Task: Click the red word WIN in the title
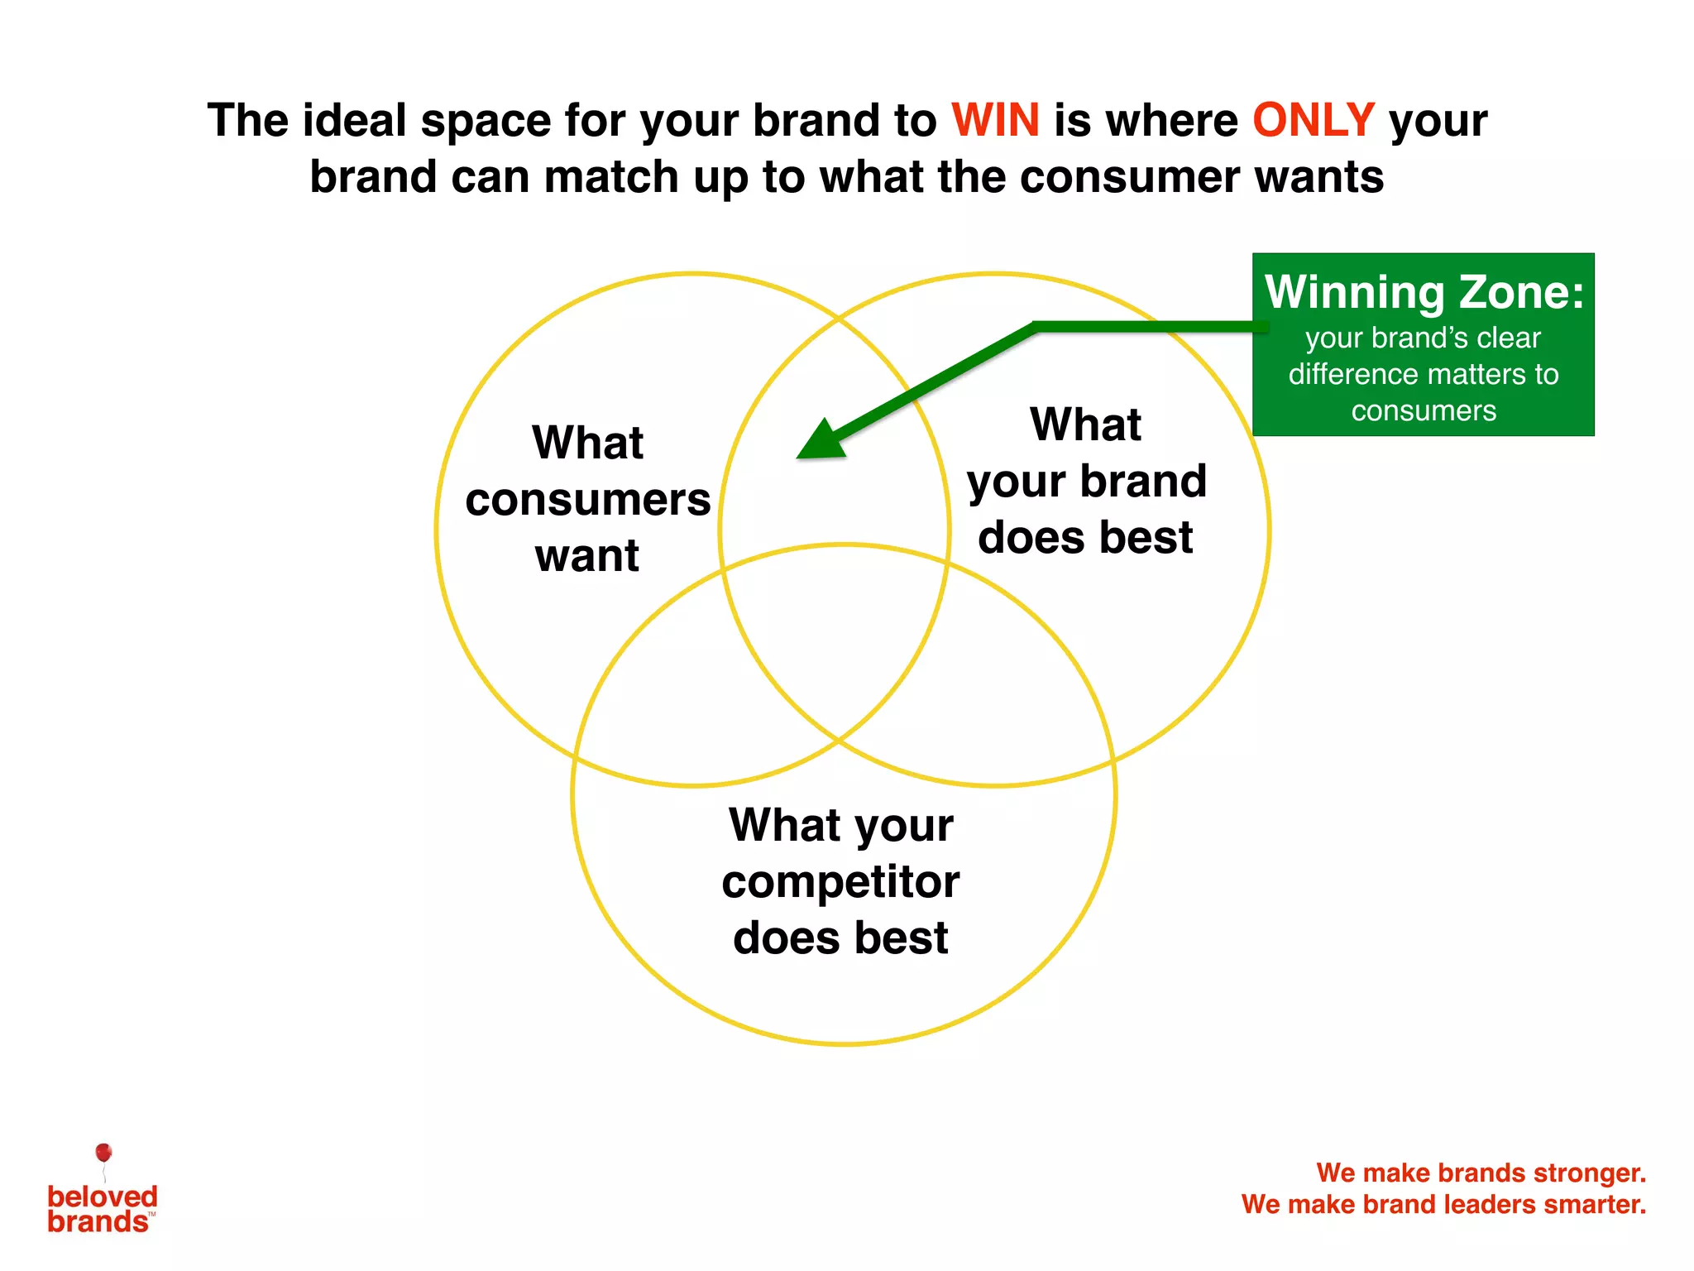pos(995,121)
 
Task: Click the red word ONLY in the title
pos(1313,121)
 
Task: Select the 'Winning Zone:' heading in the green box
pos(1424,293)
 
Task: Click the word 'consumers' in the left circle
pos(587,500)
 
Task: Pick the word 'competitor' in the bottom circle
pos(840,882)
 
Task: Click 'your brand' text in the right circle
pos(1086,482)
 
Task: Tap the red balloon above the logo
pos(103,1153)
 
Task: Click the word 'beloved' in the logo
pos(102,1197)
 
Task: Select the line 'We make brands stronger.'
pos(1481,1173)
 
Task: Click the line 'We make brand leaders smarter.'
pos(1443,1204)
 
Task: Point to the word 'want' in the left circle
pos(586,556)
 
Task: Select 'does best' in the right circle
pos(1084,538)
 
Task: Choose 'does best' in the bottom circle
pos(840,938)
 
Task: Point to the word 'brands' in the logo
pos(98,1222)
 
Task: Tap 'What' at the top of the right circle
pos(1085,425)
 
